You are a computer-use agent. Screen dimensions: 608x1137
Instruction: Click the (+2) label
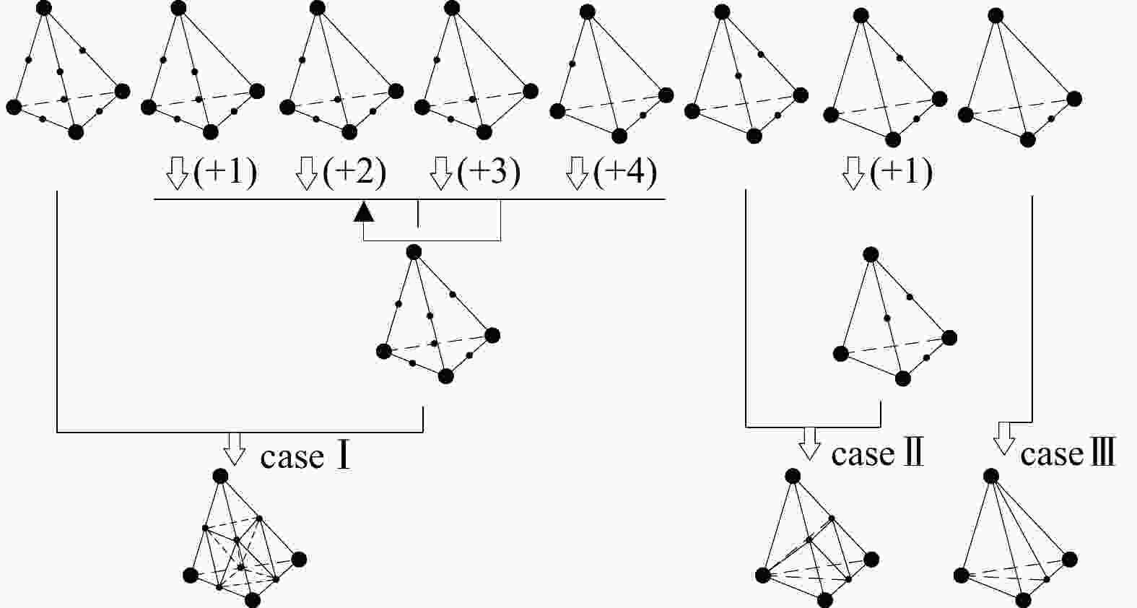click(x=354, y=173)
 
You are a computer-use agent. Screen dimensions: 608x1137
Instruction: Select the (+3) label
click(x=489, y=173)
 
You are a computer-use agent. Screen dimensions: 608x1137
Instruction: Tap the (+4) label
click(x=625, y=173)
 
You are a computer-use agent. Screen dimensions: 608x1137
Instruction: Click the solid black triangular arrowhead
click(x=365, y=211)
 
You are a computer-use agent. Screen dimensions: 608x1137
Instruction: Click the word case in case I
click(x=292, y=457)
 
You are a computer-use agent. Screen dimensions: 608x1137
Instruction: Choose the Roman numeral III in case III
click(x=1102, y=453)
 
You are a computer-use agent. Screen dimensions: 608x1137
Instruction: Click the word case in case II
click(x=863, y=454)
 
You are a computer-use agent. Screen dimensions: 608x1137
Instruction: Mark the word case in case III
click(x=1052, y=454)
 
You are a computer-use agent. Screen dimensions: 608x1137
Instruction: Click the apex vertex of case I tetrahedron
click(x=221, y=476)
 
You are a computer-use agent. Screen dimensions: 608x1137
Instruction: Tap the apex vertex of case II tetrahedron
click(x=793, y=476)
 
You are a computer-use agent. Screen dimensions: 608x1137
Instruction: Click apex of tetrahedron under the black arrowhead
click(x=414, y=252)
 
